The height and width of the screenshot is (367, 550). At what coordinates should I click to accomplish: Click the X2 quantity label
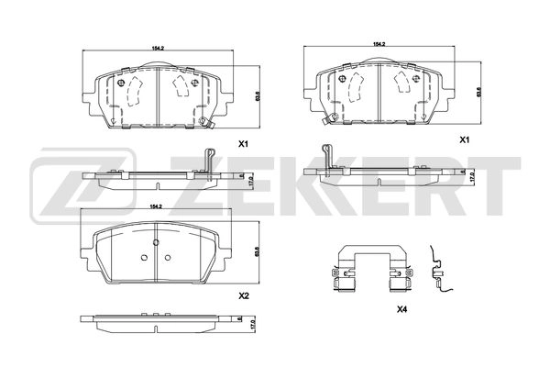click(244, 296)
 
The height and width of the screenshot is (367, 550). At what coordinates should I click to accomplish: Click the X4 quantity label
click(401, 310)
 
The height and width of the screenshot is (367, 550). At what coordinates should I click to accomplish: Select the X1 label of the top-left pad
click(244, 144)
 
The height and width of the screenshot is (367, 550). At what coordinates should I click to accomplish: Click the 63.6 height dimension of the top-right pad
click(477, 91)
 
